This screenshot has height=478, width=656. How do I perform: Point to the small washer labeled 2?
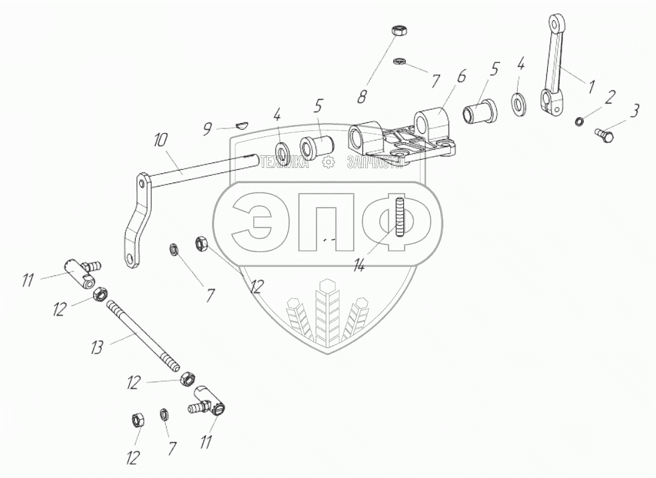pyautogui.click(x=579, y=122)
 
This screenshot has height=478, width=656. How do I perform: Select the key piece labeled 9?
pyautogui.click(x=242, y=122)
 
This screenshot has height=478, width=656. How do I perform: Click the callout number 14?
pyautogui.click(x=359, y=265)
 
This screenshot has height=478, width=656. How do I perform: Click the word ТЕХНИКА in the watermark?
pyautogui.click(x=286, y=162)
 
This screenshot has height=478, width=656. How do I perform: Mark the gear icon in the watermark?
pyautogui.click(x=328, y=162)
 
